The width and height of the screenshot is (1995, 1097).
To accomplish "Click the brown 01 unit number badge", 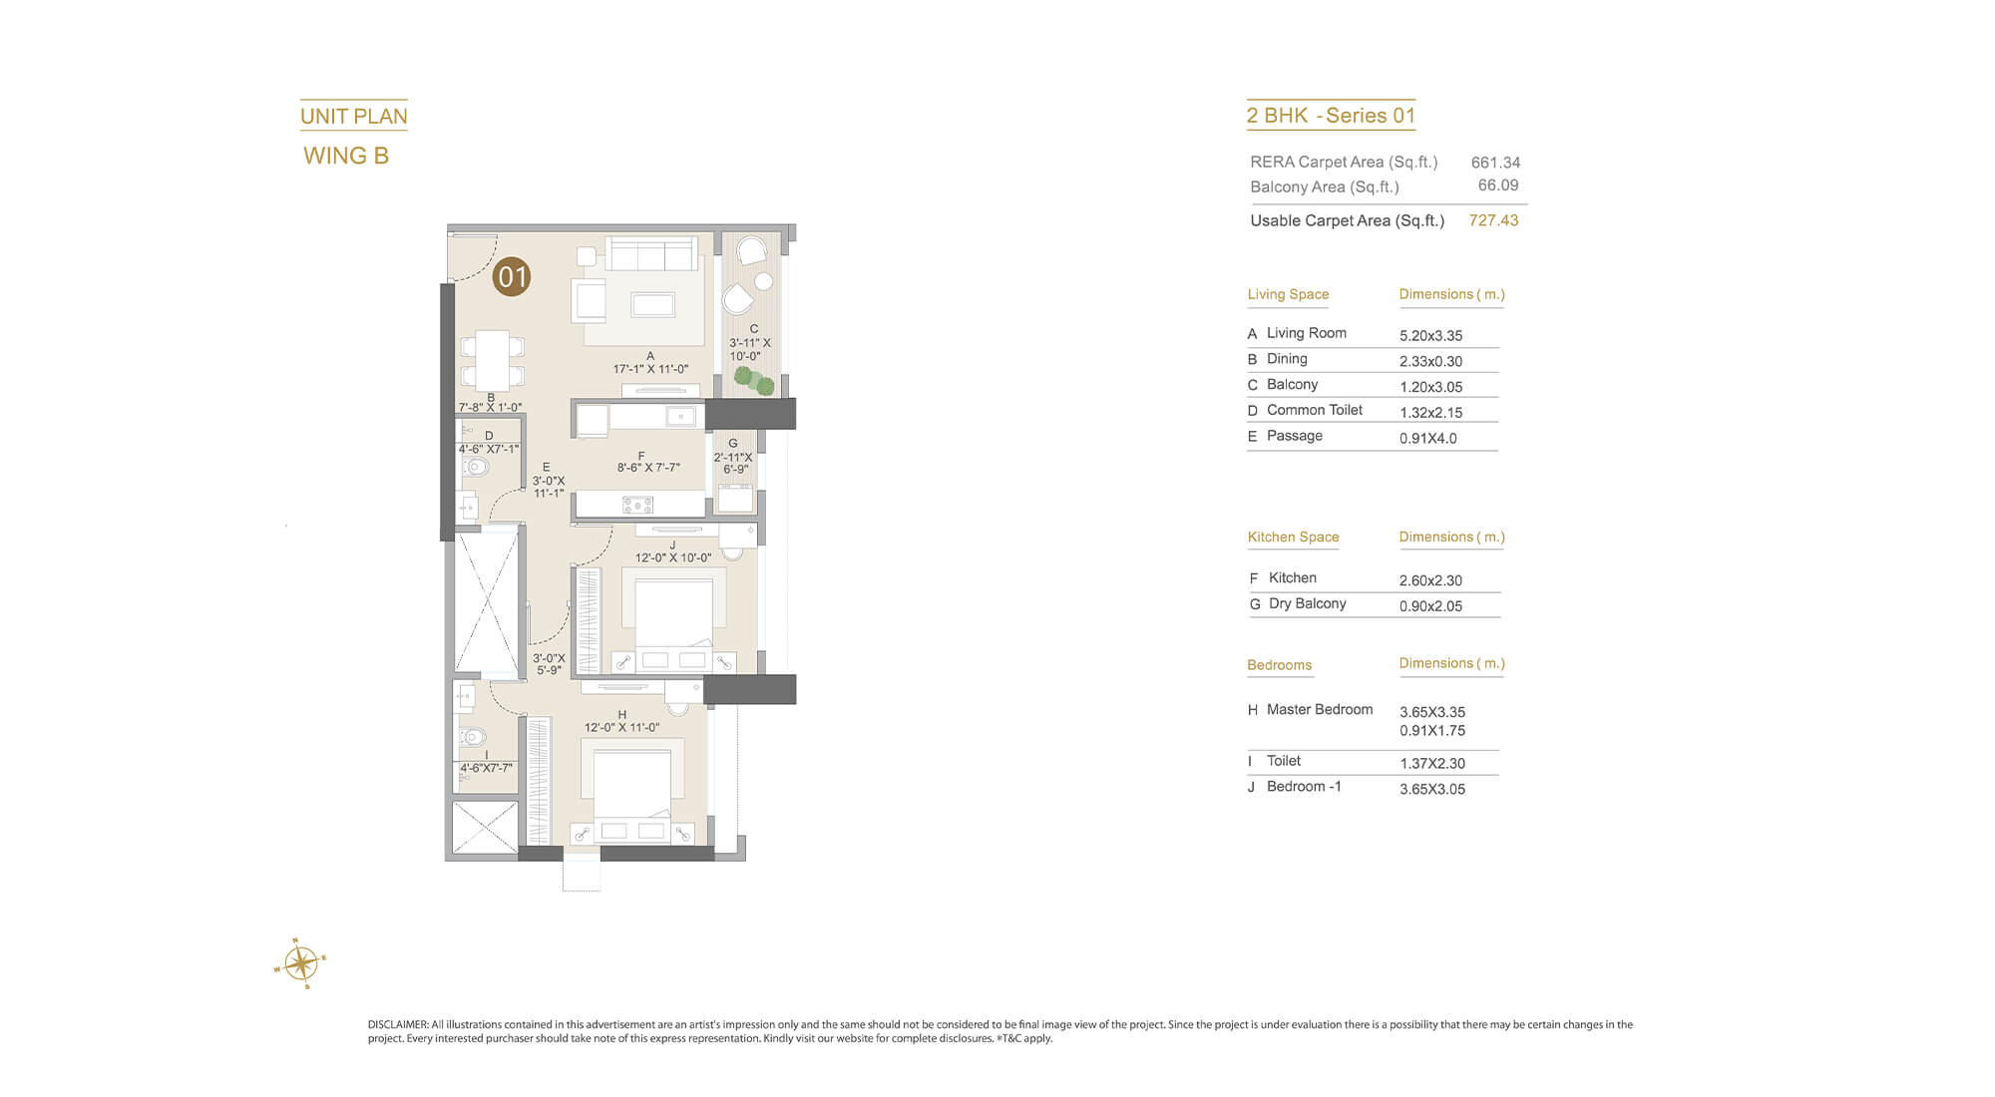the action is [x=512, y=276].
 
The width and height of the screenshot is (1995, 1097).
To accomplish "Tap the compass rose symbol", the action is [x=300, y=963].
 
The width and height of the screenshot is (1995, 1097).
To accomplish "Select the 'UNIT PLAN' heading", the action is [x=354, y=117].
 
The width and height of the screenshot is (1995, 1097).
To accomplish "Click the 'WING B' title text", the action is [x=346, y=156].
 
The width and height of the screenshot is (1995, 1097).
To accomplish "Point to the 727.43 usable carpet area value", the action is [x=1493, y=220].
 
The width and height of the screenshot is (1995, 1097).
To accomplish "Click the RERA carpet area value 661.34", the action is [x=1495, y=163].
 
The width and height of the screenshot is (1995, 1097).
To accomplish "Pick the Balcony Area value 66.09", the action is [x=1498, y=185].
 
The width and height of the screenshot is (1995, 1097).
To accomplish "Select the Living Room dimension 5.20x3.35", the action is [x=1430, y=336].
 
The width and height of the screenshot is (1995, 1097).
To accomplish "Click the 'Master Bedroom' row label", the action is [x=1320, y=709].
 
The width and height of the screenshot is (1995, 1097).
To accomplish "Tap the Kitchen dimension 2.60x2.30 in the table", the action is [x=1430, y=580].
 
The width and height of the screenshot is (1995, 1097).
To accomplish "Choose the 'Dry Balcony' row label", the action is [x=1308, y=603].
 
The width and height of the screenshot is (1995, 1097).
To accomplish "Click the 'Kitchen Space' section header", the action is [x=1293, y=537].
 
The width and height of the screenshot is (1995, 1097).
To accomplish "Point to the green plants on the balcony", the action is [x=754, y=380].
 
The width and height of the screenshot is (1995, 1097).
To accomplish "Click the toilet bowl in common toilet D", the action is [x=475, y=466].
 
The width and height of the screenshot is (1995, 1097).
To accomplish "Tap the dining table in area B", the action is [x=492, y=361].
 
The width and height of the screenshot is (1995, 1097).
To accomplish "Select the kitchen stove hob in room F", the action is [x=637, y=505].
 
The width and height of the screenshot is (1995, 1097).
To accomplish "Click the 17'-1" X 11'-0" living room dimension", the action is [x=650, y=369].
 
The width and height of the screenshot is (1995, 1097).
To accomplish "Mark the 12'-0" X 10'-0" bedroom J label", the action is [x=673, y=557].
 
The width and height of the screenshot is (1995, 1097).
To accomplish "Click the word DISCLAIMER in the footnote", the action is [x=398, y=1024].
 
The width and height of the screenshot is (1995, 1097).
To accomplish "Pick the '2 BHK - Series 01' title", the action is [x=1331, y=116].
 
